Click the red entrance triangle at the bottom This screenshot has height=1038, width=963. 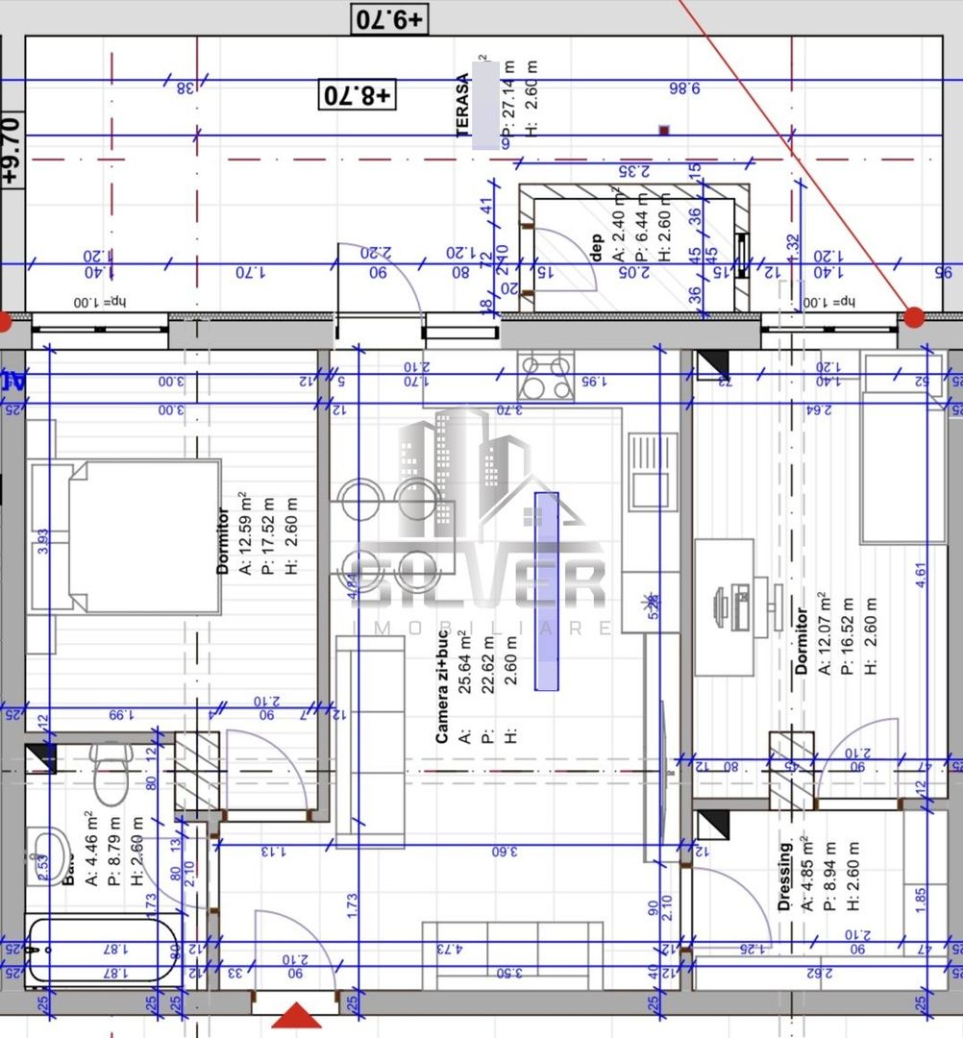point(297,1016)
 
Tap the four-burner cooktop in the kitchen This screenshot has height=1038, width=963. point(545,377)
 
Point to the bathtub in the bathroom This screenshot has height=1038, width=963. point(101,951)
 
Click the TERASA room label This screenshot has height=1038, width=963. point(463,106)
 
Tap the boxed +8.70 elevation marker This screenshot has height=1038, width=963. point(358,94)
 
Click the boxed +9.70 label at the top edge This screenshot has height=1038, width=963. point(390,18)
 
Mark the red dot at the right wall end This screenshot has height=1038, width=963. point(914,317)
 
